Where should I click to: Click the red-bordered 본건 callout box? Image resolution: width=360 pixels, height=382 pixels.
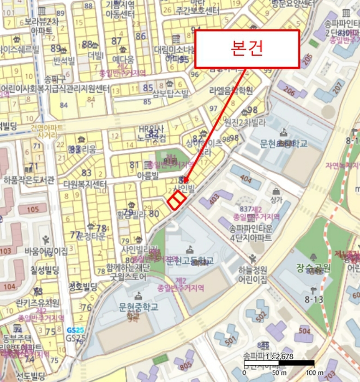point(247,49)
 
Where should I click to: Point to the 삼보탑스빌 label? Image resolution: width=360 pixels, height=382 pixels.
point(170,93)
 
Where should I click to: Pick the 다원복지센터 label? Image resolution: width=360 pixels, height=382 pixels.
point(85,184)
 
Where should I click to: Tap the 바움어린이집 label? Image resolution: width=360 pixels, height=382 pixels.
point(46,251)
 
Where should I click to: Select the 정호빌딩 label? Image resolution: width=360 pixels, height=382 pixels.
point(83,286)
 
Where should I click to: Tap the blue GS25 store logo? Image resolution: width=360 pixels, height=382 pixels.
point(75,331)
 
